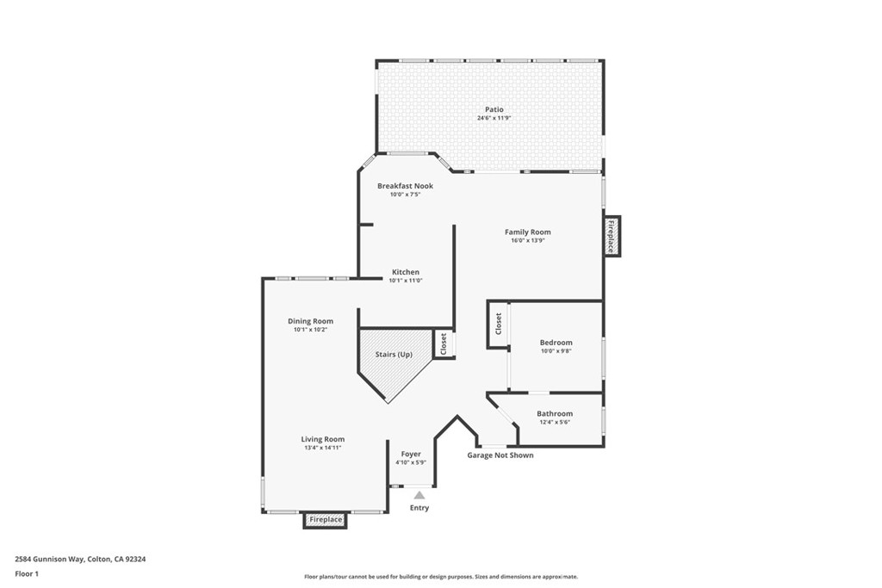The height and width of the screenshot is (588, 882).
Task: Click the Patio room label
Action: tap(494, 109)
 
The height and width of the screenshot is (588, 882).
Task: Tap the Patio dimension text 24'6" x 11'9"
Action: tap(494, 118)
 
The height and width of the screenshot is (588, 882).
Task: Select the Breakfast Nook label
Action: tap(405, 186)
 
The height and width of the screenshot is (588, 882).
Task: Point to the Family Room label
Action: tap(527, 232)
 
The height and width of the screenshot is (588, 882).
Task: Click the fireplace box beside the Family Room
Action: tap(612, 235)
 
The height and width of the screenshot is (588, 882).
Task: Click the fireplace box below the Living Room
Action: tap(326, 520)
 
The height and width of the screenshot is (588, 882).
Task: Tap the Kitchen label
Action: tap(405, 272)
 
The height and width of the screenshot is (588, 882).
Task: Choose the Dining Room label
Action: tap(310, 321)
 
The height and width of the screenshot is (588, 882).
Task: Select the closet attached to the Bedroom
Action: tap(498, 324)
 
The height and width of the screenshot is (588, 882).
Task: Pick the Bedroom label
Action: tap(556, 343)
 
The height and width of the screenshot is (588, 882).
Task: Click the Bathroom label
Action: tap(554, 413)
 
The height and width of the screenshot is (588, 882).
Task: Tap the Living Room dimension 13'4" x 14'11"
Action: tap(322, 448)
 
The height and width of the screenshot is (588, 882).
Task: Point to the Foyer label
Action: tap(411, 454)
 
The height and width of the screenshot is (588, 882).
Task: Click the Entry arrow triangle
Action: tap(419, 495)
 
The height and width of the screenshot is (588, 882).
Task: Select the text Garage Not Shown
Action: tap(500, 455)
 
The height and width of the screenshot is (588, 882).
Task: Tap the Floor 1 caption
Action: tap(27, 573)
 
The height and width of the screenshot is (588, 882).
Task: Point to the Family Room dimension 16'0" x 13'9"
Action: tap(527, 240)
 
